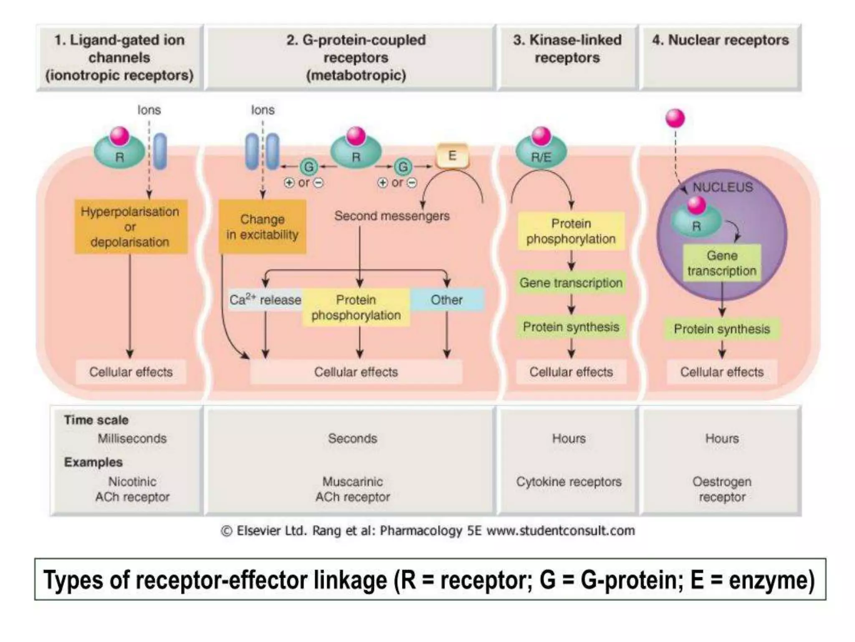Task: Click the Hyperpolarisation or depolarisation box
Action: click(x=130, y=227)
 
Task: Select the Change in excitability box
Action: click(x=262, y=227)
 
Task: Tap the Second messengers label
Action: click(x=392, y=216)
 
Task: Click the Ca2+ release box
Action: click(x=265, y=300)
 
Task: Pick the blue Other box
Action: click(x=447, y=299)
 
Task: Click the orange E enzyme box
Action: click(x=452, y=156)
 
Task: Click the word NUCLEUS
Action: click(x=723, y=187)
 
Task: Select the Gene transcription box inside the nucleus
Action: click(x=722, y=263)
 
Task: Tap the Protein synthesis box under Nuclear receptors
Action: click(x=722, y=329)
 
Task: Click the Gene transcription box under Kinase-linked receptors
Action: click(x=571, y=283)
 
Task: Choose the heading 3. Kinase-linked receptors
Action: click(x=567, y=49)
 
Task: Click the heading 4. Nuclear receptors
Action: click(x=720, y=40)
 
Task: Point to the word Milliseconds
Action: click(x=132, y=438)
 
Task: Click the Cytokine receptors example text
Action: click(x=569, y=481)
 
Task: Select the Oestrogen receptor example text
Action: click(x=722, y=489)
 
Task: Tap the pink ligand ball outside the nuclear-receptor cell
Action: click(x=675, y=118)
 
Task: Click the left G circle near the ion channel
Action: click(x=309, y=167)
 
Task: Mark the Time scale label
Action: click(x=96, y=420)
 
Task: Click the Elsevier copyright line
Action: click(x=427, y=530)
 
